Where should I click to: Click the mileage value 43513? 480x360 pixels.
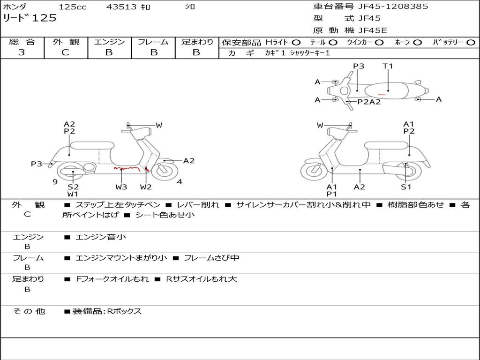(x=121, y=7)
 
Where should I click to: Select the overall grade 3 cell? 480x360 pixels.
(x=22, y=52)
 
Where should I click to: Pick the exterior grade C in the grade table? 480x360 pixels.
(x=66, y=52)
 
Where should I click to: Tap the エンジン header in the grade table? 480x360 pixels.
(x=109, y=42)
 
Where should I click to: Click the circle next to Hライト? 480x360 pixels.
(x=297, y=43)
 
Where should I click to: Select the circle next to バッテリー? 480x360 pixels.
(x=471, y=43)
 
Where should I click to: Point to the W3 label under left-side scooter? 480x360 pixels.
(x=121, y=187)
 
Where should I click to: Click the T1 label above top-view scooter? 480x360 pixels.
(x=388, y=66)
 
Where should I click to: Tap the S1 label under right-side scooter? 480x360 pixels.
(x=406, y=187)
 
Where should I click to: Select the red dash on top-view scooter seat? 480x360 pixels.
(x=382, y=95)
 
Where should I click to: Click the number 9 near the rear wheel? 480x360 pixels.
(x=55, y=182)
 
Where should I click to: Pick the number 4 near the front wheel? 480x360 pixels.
(x=180, y=182)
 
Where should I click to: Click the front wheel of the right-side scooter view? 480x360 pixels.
(x=314, y=171)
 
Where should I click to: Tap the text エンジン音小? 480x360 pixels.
(x=100, y=237)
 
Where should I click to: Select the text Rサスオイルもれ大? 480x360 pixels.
(x=202, y=279)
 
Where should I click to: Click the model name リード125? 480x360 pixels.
(x=30, y=18)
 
